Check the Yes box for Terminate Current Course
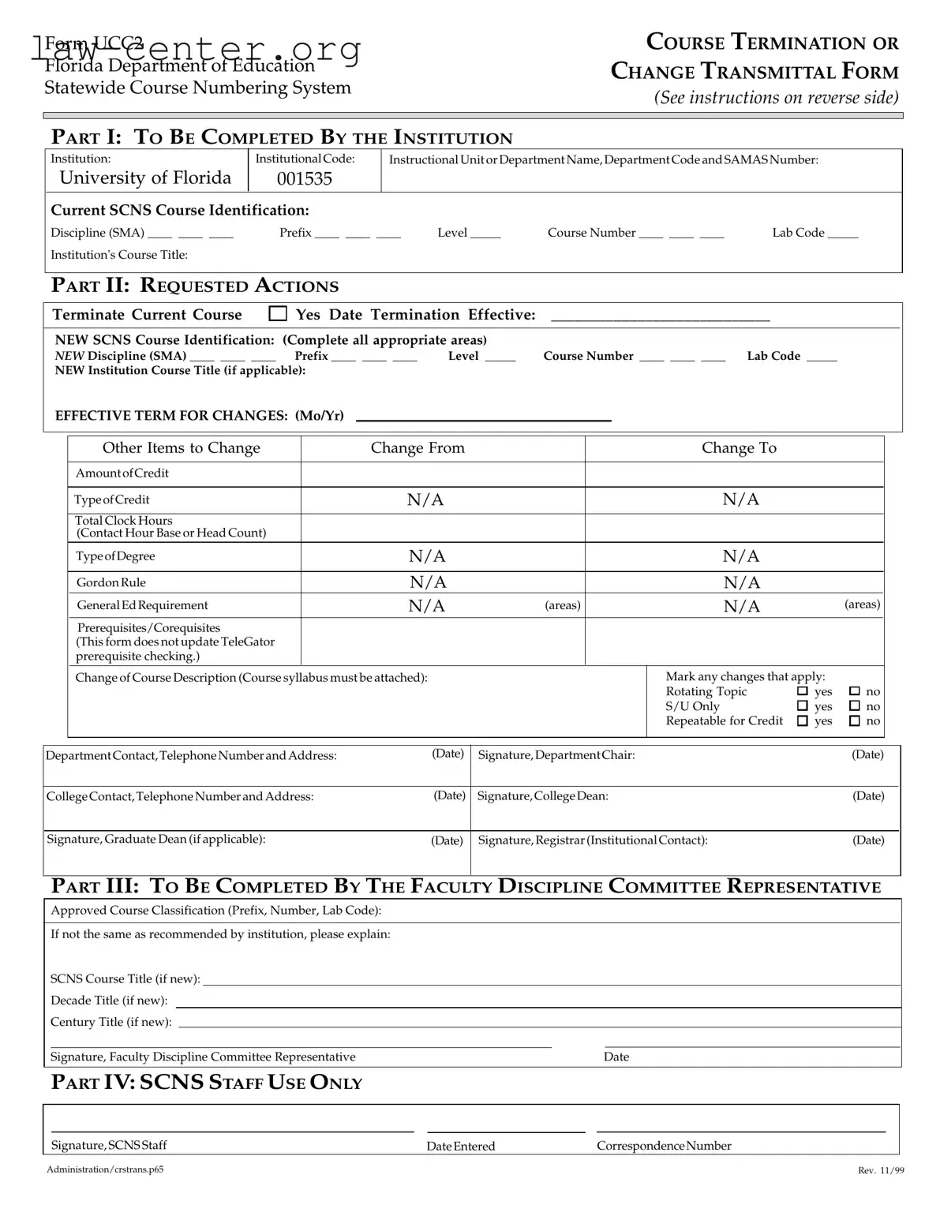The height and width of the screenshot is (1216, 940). click(x=278, y=314)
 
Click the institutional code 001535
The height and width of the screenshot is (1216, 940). click(x=305, y=178)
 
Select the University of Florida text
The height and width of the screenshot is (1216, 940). click(x=145, y=178)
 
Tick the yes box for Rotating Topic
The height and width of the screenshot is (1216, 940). click(x=803, y=691)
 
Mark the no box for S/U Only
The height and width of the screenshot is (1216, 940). click(x=854, y=706)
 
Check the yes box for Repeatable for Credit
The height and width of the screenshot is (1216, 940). click(x=803, y=720)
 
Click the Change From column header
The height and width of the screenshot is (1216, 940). click(x=418, y=448)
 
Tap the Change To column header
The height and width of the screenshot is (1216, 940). click(x=739, y=448)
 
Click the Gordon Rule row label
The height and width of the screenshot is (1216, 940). click(x=111, y=582)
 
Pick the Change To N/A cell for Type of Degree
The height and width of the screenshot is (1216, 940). click(x=741, y=556)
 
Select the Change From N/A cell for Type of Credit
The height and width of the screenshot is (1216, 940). click(x=425, y=499)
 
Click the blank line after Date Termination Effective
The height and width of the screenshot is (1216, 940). click(x=660, y=318)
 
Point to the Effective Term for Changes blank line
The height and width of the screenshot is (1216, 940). click(x=484, y=418)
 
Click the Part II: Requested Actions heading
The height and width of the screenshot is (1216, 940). click(x=195, y=286)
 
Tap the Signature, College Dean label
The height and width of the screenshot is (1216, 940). click(x=543, y=796)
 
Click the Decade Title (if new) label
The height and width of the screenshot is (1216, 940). click(x=109, y=1001)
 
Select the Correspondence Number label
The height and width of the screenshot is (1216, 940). click(x=664, y=1146)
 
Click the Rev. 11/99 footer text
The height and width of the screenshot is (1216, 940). click(x=881, y=1170)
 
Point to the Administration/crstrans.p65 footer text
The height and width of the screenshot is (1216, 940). click(x=105, y=1169)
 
